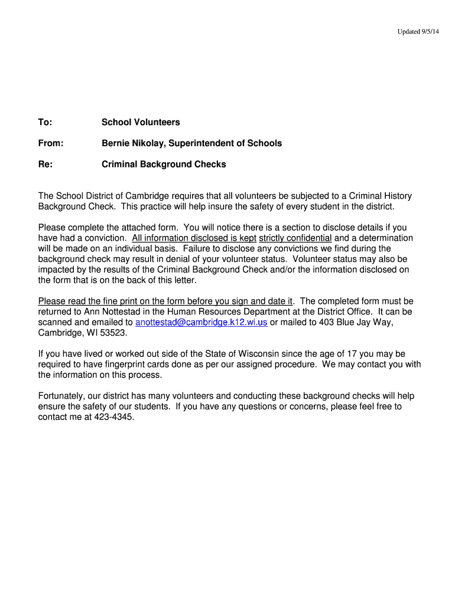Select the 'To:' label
(x=45, y=122)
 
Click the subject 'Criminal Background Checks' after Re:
(x=164, y=165)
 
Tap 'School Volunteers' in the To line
(x=141, y=122)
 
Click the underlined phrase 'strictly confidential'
(x=295, y=238)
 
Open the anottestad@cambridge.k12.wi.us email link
(x=201, y=322)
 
